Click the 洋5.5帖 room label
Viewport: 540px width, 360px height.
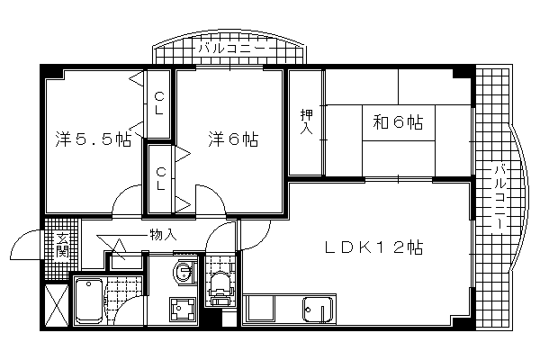pos(93,139)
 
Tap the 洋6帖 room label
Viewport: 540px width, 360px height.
pos(233,139)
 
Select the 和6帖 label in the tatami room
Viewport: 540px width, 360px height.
pos(398,122)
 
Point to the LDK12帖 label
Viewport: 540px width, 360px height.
pos(374,247)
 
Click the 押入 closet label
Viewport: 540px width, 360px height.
pos(306,121)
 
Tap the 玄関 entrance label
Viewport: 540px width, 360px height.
pos(63,246)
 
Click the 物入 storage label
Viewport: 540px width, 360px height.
pos(163,235)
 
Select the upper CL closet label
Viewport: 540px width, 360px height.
pos(159,103)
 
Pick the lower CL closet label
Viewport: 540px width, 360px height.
pos(161,179)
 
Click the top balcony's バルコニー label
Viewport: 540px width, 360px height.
pos(231,48)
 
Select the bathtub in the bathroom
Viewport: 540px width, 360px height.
pos(89,301)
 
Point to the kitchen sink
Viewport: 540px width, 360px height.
pos(318,310)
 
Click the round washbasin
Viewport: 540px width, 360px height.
pos(183,272)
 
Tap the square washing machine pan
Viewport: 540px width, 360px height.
pos(182,309)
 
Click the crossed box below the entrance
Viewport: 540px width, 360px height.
pos(57,304)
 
